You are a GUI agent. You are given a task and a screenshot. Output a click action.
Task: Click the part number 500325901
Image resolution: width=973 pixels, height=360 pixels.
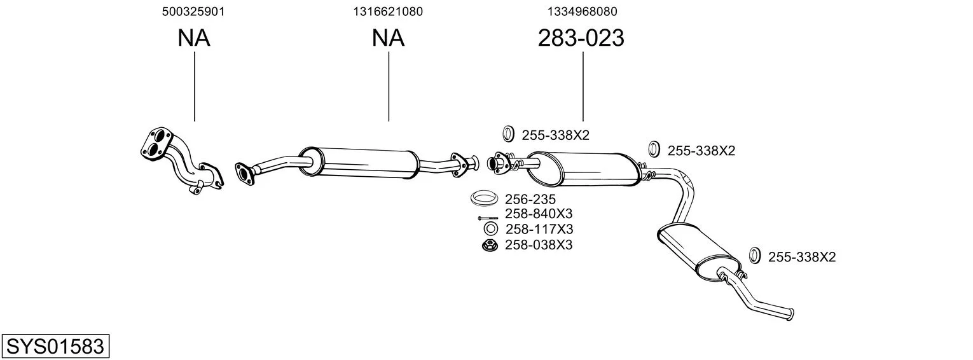click(x=193, y=11)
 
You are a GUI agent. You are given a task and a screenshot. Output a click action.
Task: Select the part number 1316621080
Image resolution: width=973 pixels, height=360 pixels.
click(x=388, y=11)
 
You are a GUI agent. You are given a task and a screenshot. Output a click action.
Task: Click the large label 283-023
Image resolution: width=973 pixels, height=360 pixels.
click(x=581, y=39)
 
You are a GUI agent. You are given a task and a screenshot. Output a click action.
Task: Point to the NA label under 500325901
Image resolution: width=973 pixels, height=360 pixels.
click(x=193, y=39)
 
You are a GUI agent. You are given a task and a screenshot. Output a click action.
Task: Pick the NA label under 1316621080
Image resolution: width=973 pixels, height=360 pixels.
click(x=388, y=39)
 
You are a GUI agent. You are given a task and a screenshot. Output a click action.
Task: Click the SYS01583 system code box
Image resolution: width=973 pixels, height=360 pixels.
click(x=55, y=347)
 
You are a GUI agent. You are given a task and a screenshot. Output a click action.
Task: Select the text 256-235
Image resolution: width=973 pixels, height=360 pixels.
click(x=530, y=199)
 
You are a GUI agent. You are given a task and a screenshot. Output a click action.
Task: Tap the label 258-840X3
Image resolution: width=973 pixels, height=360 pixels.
click(x=538, y=214)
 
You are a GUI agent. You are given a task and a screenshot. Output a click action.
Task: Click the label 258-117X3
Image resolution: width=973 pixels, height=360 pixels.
click(x=538, y=229)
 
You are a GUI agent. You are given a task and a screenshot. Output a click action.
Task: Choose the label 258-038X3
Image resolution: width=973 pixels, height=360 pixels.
click(x=538, y=244)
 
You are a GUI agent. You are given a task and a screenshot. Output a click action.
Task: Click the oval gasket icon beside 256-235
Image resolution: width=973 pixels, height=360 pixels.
click(x=484, y=198)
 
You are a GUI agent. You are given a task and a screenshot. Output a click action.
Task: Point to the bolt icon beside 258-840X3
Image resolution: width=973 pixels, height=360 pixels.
click(x=488, y=218)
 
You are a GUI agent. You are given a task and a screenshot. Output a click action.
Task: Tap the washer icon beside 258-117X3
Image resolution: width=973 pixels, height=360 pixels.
click(x=490, y=229)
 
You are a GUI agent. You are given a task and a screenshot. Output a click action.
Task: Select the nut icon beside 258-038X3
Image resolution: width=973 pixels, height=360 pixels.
click(x=490, y=245)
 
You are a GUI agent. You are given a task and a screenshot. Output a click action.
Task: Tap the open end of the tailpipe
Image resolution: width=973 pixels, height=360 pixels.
click(x=790, y=314)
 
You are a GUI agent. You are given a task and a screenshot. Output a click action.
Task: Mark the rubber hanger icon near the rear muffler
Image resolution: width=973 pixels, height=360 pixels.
click(x=755, y=256)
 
